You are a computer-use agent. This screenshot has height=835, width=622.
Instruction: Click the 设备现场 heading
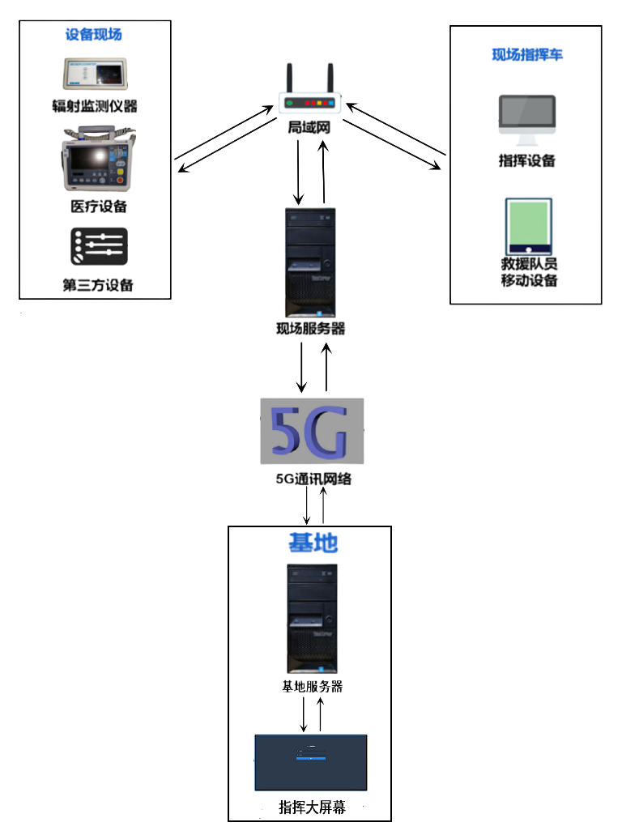click(x=94, y=35)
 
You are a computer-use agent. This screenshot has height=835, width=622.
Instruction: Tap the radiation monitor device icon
click(x=95, y=75)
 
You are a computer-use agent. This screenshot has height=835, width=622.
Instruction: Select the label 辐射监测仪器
click(x=95, y=106)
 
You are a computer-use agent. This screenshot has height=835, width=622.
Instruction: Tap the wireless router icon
click(x=310, y=93)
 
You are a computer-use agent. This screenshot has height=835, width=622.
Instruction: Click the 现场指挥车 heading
click(x=527, y=54)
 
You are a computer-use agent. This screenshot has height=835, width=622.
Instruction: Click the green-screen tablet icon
click(x=527, y=224)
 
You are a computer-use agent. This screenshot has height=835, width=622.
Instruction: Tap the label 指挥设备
click(x=527, y=160)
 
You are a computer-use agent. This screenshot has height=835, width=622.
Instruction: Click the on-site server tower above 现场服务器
click(x=310, y=263)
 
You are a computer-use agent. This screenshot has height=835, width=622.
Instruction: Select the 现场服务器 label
click(x=310, y=329)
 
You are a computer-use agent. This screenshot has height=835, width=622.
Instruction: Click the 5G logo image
click(x=312, y=431)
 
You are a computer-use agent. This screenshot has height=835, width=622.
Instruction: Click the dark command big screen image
click(x=311, y=762)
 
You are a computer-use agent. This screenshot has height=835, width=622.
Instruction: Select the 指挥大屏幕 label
click(x=312, y=807)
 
